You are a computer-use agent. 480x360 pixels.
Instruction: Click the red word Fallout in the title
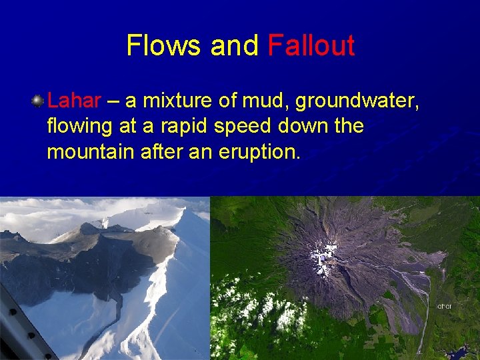(311, 45)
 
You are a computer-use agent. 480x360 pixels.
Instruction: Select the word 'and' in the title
(234, 45)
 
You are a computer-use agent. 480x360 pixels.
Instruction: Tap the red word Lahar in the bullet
(74, 101)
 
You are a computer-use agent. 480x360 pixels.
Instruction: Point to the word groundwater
(357, 101)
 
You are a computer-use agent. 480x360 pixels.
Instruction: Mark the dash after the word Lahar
(113, 101)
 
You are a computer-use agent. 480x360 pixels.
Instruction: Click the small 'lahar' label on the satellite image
(445, 306)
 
